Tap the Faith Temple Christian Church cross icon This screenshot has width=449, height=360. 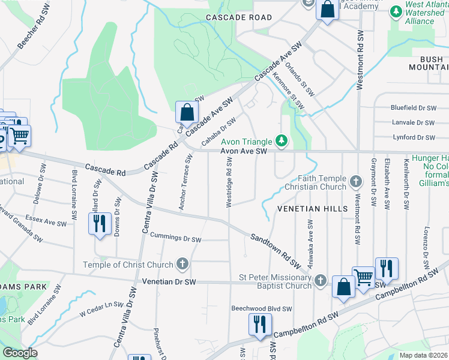pyautogui.click(x=355, y=181)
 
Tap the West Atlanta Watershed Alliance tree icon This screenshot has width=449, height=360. pyautogui.click(x=396, y=11)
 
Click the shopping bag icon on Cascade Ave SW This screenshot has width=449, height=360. pyautogui.click(x=187, y=111)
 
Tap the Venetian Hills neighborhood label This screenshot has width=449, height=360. pyautogui.click(x=312, y=208)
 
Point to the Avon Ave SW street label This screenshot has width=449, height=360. pyautogui.click(x=243, y=152)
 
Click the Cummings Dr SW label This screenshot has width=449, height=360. pyautogui.click(x=175, y=239)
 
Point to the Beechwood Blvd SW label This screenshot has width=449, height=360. pyautogui.click(x=262, y=309)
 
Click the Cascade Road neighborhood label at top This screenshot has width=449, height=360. pyautogui.click(x=239, y=17)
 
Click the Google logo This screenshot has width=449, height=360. pyautogui.click(x=20, y=353)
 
